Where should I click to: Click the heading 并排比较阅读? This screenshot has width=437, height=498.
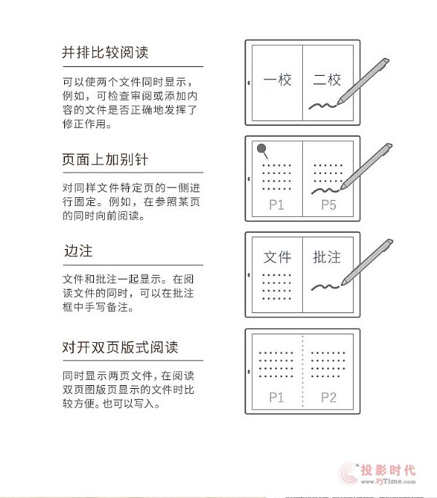pyautogui.click(x=105, y=52)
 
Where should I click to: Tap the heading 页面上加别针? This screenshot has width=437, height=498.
pyautogui.click(x=105, y=159)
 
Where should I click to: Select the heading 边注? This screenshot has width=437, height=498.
pyautogui.click(x=78, y=250)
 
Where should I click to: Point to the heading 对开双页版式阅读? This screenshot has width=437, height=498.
pyautogui.click(x=120, y=347)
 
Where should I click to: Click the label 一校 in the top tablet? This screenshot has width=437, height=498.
pyautogui.click(x=277, y=79)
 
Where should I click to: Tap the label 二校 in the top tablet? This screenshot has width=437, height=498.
pyautogui.click(x=327, y=79)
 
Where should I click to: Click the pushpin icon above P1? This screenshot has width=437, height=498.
pyautogui.click(x=262, y=151)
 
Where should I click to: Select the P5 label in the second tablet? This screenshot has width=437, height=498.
pyautogui.click(x=328, y=205)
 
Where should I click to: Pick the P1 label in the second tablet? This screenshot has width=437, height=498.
pyautogui.click(x=276, y=205)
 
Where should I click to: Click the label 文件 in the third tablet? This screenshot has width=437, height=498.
pyautogui.click(x=277, y=257)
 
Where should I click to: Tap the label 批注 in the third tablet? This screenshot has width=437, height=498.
pyautogui.click(x=327, y=257)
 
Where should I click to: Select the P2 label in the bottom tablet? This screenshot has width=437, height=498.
pyautogui.click(x=328, y=398)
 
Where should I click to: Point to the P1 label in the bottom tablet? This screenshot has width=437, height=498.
pyautogui.click(x=276, y=398)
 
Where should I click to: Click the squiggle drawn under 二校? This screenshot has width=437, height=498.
pyautogui.click(x=322, y=106)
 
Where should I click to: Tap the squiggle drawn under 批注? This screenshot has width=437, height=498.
pyautogui.click(x=325, y=287)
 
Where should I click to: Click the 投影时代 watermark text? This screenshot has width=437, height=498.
pyautogui.click(x=388, y=470)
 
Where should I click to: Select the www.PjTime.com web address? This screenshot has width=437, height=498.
pyautogui.click(x=388, y=481)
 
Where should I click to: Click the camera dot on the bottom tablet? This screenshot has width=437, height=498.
pyautogui.click(x=248, y=371)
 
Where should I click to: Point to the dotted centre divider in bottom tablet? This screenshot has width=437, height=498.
pyautogui.click(x=302, y=371)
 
